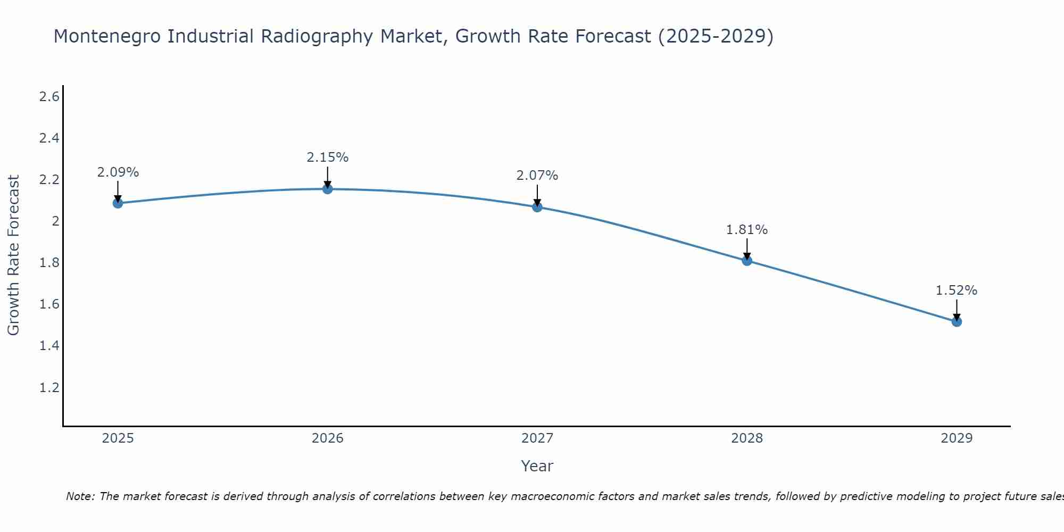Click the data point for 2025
[118, 203]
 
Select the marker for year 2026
[328, 189]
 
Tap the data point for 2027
[537, 207]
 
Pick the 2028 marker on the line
[747, 261]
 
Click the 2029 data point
[957, 321]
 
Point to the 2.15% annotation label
[328, 157]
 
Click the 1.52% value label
[957, 290]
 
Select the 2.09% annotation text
[118, 172]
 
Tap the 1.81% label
[747, 230]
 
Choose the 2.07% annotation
[537, 176]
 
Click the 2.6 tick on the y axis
[49, 97]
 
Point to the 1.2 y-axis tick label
[49, 387]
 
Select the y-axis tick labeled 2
[55, 221]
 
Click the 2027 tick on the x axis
[537, 438]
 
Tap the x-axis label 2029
[957, 438]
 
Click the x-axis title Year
[537, 466]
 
